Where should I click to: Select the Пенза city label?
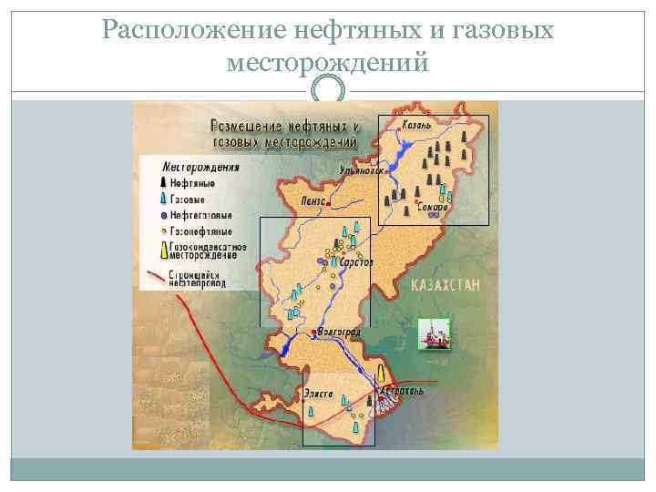point(314,200)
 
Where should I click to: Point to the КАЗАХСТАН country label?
point(445,285)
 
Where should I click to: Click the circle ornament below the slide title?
point(328,89)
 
